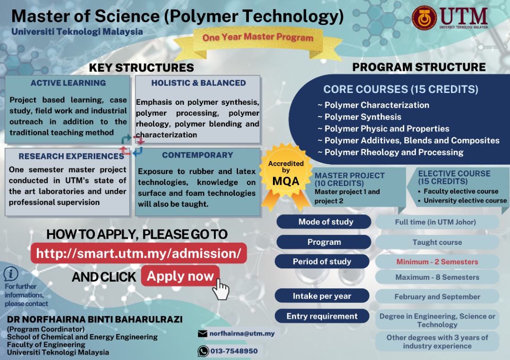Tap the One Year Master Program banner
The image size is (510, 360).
pyautogui.click(x=258, y=37)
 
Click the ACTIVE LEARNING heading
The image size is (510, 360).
pyautogui.click(x=68, y=83)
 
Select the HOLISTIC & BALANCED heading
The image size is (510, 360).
pyautogui.click(x=198, y=83)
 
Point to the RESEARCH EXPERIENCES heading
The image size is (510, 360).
pyautogui.click(x=71, y=156)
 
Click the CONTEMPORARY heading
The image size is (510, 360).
pyautogui.click(x=197, y=155)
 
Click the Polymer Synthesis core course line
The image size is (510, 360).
pyautogui.click(x=363, y=117)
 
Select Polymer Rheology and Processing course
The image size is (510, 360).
pyautogui.click(x=394, y=152)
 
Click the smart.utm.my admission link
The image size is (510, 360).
pyautogui.click(x=139, y=253)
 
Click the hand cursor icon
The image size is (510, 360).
pyautogui.click(x=220, y=288)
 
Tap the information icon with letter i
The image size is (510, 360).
pyautogui.click(x=11, y=274)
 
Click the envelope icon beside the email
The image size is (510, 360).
pyautogui.click(x=203, y=334)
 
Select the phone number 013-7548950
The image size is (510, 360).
pyautogui.click(x=235, y=351)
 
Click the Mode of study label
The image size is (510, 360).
pyautogui.click(x=325, y=222)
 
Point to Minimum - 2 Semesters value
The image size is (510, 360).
pyautogui.click(x=437, y=262)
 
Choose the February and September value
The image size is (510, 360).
pyautogui.click(x=437, y=297)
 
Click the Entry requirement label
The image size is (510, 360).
pyautogui.click(x=322, y=316)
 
